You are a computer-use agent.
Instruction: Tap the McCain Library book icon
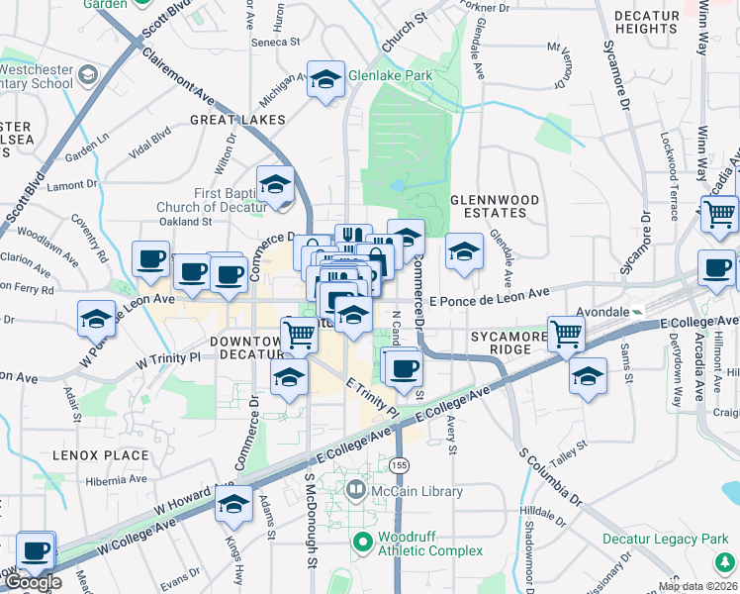click(355, 490)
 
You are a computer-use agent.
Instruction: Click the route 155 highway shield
click(399, 464)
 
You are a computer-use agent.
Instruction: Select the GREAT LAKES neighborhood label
click(237, 120)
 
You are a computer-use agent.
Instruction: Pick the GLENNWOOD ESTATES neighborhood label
click(495, 206)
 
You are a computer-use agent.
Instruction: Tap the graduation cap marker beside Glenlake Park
click(324, 80)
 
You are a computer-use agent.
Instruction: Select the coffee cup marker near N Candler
click(402, 367)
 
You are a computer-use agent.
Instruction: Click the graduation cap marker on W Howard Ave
click(233, 505)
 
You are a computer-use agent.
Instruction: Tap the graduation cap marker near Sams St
click(588, 376)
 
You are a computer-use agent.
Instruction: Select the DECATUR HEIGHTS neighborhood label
click(645, 22)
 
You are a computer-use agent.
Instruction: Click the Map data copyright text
click(697, 585)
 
